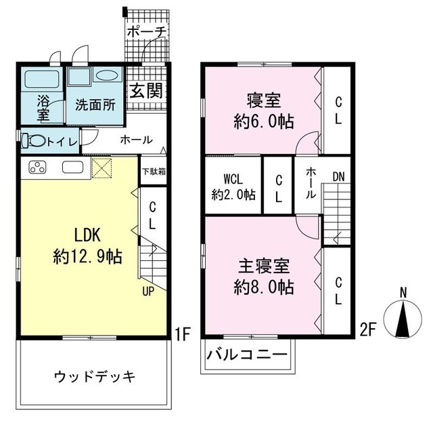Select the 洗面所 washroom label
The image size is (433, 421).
tap(95, 106)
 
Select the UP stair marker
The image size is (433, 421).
tap(148, 292)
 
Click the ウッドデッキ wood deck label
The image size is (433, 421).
tap(95, 376)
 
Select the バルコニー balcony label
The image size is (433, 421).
tap(247, 355)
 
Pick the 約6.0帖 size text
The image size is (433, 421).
tap(263, 123)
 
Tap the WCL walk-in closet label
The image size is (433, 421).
tap(233, 180)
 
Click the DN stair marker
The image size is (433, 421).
tap(338, 178)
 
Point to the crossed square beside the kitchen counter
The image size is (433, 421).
tap(101, 168)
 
